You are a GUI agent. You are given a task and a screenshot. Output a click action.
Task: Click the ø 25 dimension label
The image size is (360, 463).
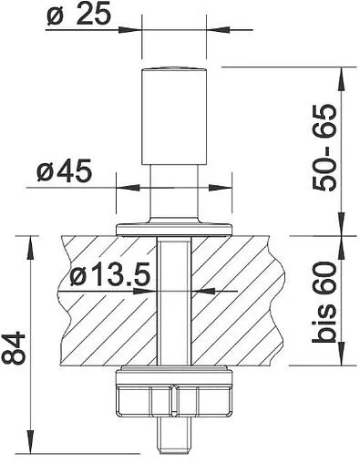[x=78, y=15]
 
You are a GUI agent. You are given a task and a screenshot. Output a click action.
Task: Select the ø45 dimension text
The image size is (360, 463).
[x=64, y=171]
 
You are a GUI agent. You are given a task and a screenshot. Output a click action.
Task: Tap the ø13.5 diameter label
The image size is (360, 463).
[x=110, y=274]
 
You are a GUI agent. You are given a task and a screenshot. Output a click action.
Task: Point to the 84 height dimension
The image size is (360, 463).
[x=13, y=348]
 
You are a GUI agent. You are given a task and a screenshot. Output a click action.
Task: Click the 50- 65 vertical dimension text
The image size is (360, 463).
[x=324, y=148]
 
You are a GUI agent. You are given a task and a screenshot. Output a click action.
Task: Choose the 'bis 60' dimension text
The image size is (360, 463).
[x=324, y=302]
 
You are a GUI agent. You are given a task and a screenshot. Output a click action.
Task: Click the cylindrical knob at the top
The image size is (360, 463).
[x=174, y=116]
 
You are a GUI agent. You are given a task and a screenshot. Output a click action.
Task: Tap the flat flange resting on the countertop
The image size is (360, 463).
[x=174, y=229]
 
